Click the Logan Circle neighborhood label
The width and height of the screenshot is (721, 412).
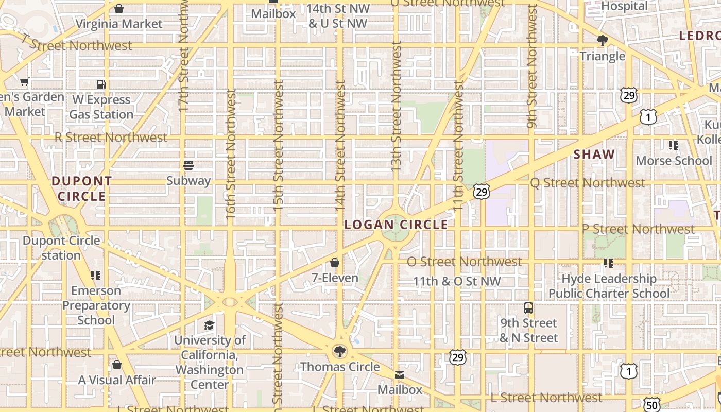[x=396, y=225]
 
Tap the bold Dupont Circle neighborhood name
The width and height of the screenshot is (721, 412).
[x=81, y=188]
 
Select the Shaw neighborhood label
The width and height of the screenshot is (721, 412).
[x=594, y=154]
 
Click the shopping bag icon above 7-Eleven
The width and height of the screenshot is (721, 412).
[x=335, y=263]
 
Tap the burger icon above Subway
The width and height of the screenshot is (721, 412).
[x=188, y=165]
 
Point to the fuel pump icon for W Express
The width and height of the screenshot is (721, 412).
[x=101, y=84]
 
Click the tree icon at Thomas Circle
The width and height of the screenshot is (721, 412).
[x=339, y=352]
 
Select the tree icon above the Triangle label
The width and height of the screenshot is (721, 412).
[x=602, y=41]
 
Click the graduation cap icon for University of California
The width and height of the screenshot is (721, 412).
[x=209, y=325]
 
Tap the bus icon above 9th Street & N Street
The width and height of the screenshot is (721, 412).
[x=528, y=308]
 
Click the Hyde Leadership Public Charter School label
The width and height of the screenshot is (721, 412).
[x=609, y=286]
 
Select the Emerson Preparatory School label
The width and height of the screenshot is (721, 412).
[x=96, y=305]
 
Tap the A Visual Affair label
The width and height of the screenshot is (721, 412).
[x=117, y=380]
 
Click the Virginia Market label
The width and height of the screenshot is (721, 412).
[x=119, y=24]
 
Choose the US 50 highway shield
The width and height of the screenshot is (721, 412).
[x=651, y=404]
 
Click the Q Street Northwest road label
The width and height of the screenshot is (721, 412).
[x=588, y=183]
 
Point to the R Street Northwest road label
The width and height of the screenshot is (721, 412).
[x=111, y=138]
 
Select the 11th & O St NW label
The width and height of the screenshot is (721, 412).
[x=457, y=281]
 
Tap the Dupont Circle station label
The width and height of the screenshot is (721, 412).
[x=61, y=248]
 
